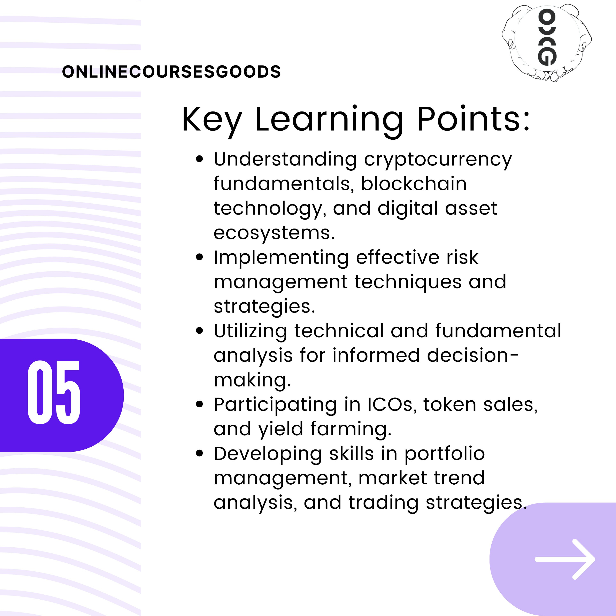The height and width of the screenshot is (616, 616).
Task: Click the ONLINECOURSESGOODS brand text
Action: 171,72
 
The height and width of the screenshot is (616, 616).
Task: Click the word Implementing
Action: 281,258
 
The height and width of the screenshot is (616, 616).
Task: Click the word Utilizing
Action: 250,331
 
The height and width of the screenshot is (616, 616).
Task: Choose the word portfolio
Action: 445,454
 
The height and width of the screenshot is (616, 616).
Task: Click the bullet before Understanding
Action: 200,159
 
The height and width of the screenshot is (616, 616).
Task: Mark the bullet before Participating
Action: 200,405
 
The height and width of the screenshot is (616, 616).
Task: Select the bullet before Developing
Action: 200,453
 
